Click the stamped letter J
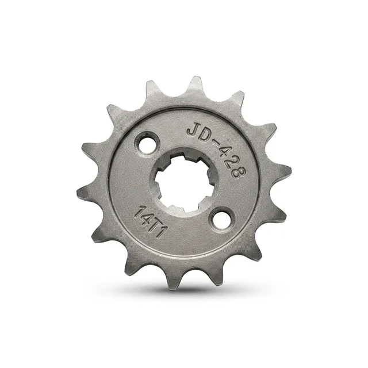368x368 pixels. coord(193,131)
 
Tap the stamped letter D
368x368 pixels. coord(204,133)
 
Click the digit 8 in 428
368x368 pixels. coord(239,172)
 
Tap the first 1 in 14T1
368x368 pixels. coord(142,210)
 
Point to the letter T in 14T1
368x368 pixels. coord(156,226)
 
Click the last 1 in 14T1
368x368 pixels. coord(162,233)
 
